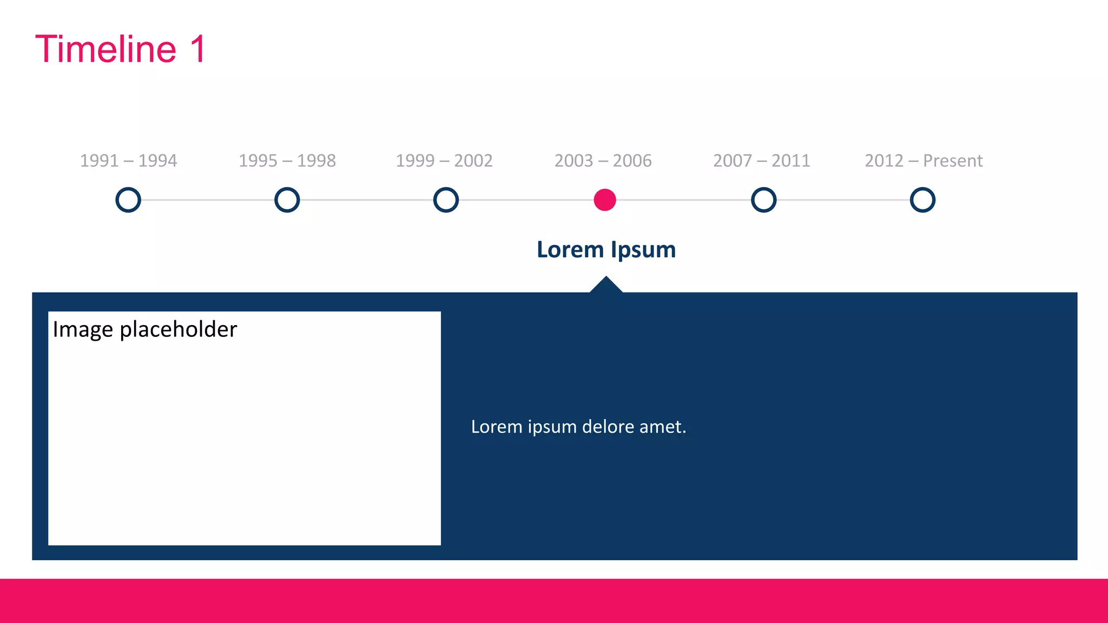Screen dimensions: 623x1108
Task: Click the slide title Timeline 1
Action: point(120,49)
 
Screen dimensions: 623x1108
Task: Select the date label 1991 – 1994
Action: point(128,161)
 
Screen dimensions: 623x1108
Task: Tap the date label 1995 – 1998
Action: point(287,161)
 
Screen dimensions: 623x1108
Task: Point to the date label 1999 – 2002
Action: point(444,161)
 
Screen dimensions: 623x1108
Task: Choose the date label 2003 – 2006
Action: point(603,161)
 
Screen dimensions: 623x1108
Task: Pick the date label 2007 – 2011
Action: point(761,161)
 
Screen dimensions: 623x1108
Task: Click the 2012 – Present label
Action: point(924,161)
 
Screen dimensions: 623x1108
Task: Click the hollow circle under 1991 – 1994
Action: point(128,200)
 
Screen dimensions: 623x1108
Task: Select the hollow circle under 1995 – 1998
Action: point(287,200)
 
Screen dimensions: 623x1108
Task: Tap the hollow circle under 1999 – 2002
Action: point(446,200)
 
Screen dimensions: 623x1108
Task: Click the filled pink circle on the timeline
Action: point(605,200)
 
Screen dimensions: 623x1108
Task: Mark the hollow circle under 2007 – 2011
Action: point(763,200)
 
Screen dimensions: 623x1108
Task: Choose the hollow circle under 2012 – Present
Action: point(922,200)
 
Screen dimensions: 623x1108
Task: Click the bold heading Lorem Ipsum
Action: point(606,250)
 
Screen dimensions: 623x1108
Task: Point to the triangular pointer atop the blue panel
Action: point(606,286)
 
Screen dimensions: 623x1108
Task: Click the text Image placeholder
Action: point(145,329)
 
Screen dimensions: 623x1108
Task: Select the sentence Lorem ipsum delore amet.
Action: point(578,427)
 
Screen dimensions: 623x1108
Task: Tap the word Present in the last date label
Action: point(952,161)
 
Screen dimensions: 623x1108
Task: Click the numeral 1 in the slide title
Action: point(198,49)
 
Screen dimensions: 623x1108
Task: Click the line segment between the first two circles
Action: point(208,200)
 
